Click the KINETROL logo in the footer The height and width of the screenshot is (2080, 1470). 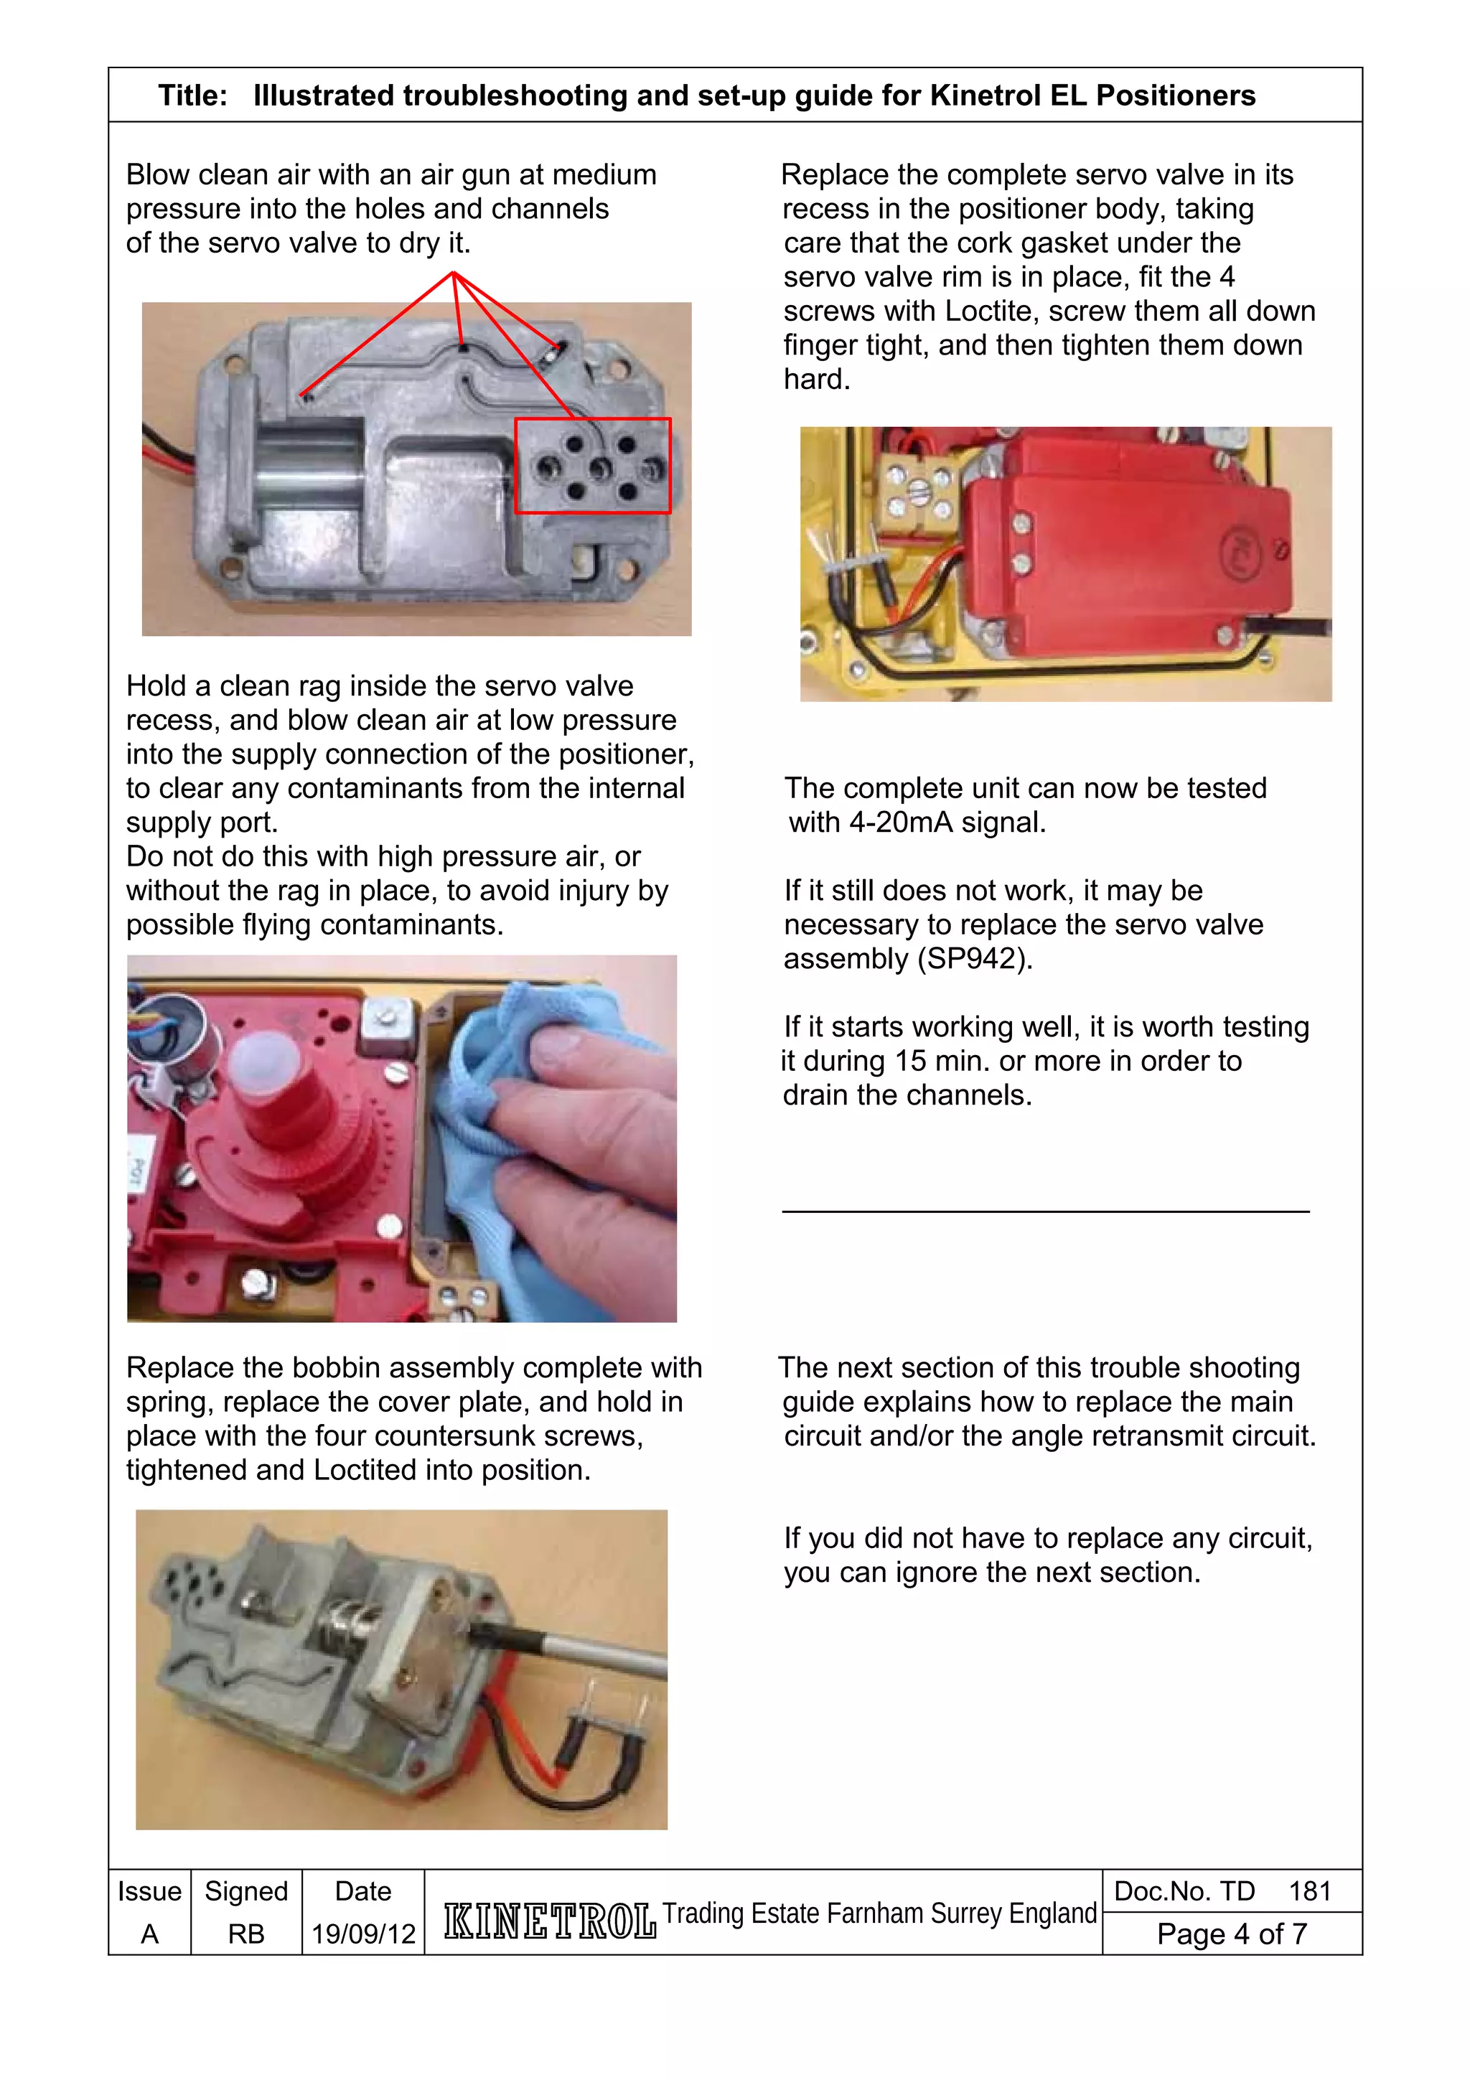(549, 1921)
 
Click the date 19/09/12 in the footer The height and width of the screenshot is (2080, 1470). (363, 1934)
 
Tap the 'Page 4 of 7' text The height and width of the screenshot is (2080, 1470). (1231, 1934)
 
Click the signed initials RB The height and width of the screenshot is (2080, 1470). (245, 1934)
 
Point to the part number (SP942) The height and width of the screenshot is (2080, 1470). (974, 958)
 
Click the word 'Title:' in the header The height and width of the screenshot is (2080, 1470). (192, 95)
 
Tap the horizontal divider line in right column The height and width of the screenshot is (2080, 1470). (1045, 1212)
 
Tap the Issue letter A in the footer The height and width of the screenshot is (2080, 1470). (149, 1934)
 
